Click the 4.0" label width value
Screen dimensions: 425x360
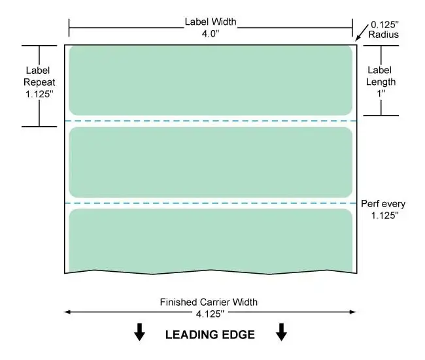(211, 33)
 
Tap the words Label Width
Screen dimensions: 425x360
(211, 22)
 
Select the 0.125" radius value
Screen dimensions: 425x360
(384, 25)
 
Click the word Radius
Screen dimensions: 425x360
(384, 35)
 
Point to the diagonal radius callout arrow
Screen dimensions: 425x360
(362, 33)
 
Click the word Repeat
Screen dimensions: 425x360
(39, 82)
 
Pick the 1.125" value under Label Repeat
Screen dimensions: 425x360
(39, 94)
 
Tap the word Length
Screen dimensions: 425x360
(381, 82)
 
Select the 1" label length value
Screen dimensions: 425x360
(381, 93)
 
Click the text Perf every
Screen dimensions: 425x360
(383, 204)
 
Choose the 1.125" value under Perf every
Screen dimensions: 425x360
(385, 216)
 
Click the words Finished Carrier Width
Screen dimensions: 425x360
(209, 302)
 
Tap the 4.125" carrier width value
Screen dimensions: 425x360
(210, 314)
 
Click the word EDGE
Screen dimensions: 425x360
(238, 335)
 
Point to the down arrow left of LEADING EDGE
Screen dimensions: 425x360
(139, 332)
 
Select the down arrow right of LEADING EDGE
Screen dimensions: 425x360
(281, 332)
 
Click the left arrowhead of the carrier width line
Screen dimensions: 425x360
(67, 312)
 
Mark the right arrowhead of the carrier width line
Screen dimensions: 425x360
(353, 312)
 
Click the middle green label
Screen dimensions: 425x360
(211, 162)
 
